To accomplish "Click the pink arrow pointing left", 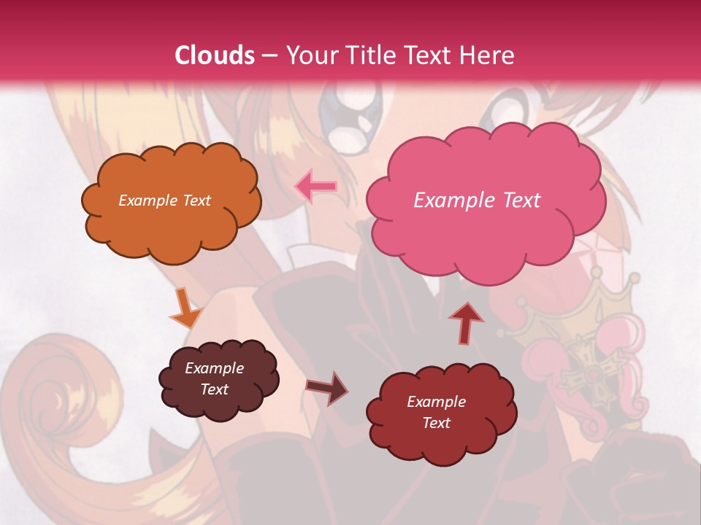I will click(x=316, y=187).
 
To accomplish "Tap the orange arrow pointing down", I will click(x=185, y=308).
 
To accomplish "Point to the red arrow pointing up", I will click(x=465, y=322).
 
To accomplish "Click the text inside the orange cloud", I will click(x=164, y=201).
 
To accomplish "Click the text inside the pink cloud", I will click(x=477, y=201).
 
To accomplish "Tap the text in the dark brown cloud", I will click(x=215, y=379).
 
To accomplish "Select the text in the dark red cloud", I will click(x=436, y=412).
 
